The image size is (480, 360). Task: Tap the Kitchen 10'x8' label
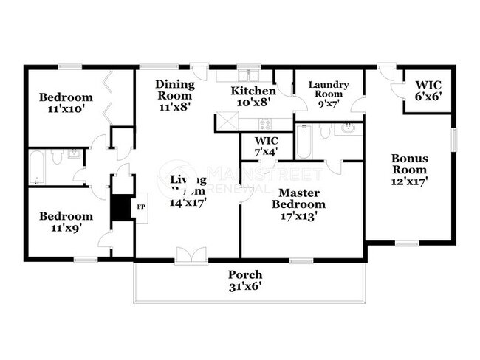253,97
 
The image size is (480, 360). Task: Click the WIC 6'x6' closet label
428,90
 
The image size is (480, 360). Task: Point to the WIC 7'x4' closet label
266,146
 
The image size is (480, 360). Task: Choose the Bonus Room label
410,169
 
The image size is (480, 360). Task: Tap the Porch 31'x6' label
244,281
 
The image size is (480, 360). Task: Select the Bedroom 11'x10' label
66,103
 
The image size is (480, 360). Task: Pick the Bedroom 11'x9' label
66,221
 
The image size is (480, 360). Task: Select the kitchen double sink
246,75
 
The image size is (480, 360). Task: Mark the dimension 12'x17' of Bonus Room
410,179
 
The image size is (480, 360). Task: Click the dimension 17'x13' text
298,215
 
